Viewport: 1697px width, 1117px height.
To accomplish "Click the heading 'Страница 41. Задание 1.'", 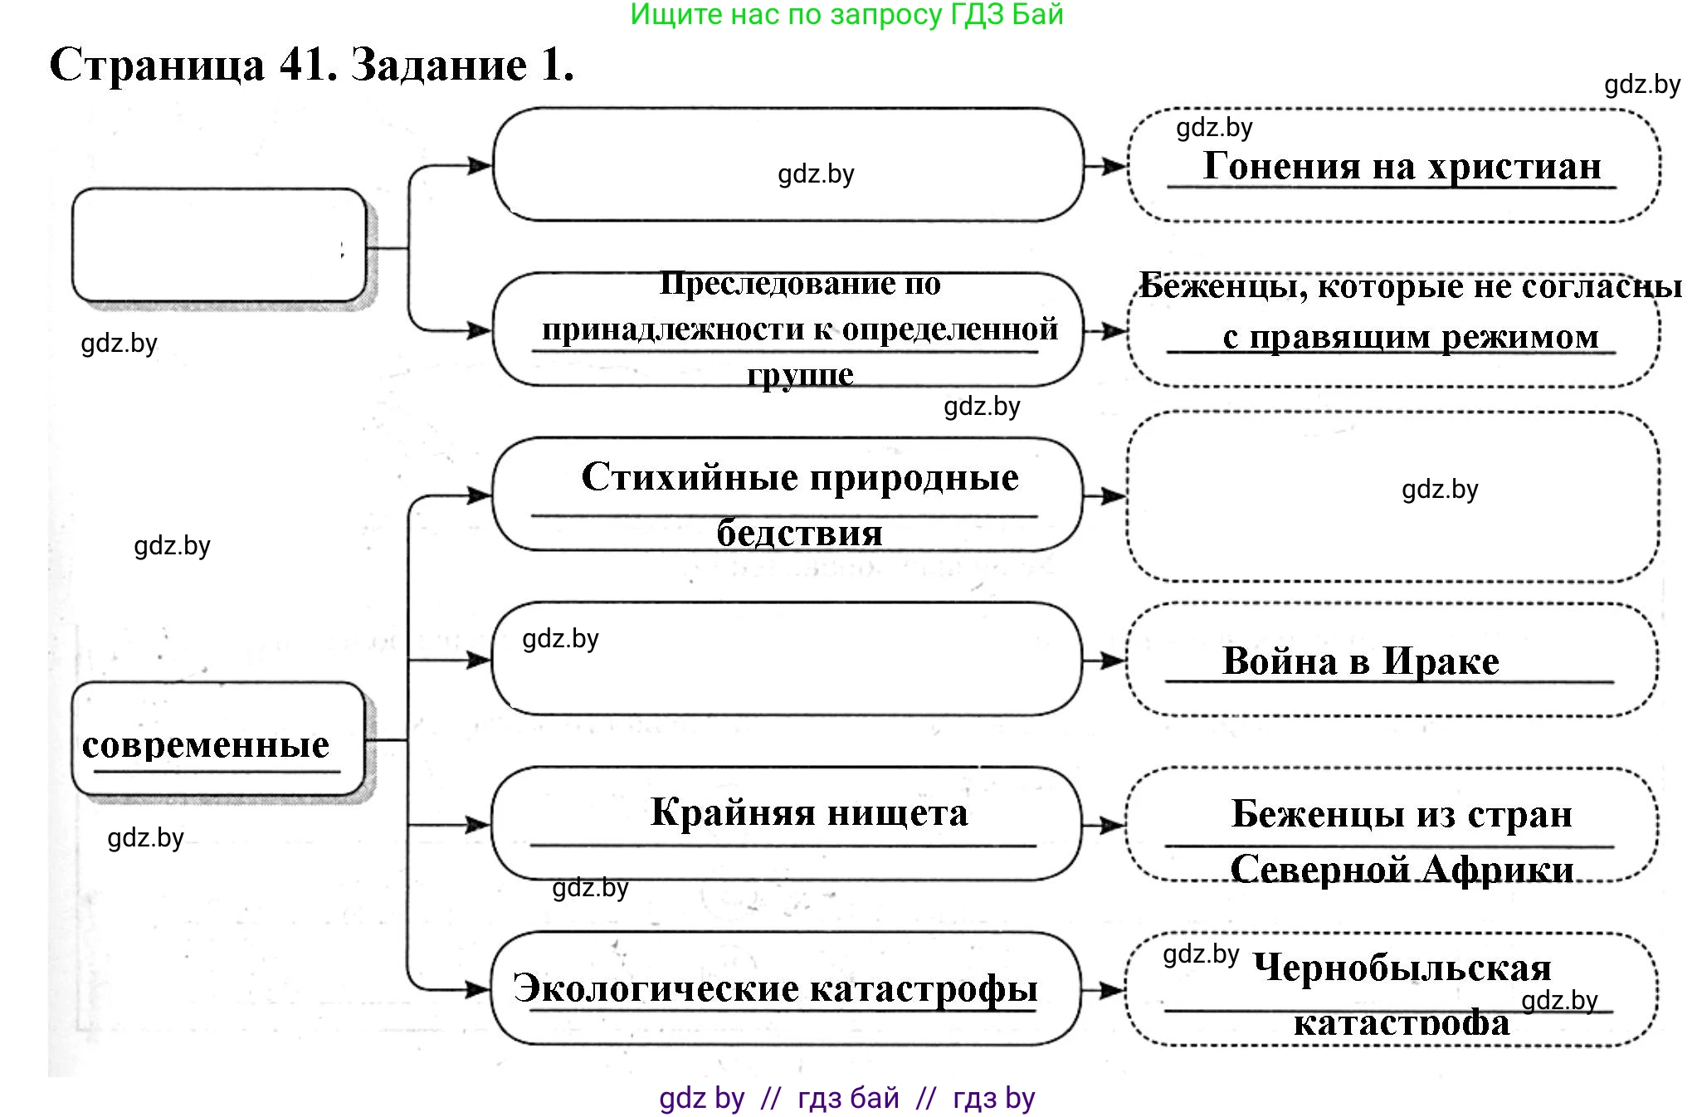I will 311,65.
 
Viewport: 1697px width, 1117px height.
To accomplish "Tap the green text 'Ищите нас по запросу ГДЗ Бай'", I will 846,15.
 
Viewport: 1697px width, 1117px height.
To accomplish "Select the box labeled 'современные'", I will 218,739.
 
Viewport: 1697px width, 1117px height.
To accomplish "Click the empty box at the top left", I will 219,246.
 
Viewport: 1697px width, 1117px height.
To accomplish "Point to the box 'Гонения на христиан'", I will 1393,166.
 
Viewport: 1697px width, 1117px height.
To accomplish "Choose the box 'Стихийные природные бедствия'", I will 788,495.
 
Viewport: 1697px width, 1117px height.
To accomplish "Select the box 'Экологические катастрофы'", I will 785,988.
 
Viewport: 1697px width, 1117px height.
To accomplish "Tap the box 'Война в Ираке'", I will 1392,660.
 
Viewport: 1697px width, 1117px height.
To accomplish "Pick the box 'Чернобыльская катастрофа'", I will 1392,990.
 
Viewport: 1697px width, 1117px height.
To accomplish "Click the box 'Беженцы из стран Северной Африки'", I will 1392,825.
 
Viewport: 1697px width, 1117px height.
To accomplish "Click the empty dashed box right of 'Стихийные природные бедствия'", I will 1393,497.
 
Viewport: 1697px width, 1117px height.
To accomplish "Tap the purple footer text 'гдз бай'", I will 848,1098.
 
